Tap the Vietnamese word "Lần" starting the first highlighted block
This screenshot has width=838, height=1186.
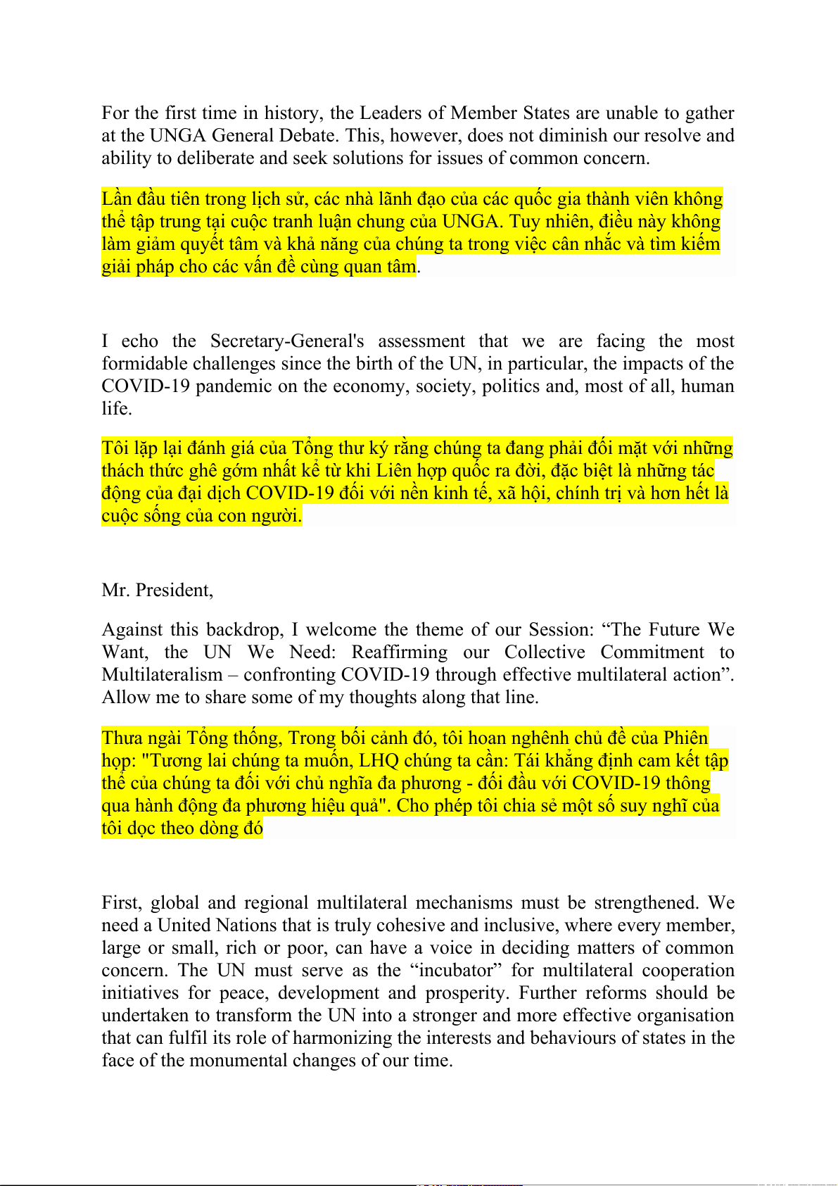(116, 199)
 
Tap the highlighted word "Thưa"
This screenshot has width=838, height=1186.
(120, 738)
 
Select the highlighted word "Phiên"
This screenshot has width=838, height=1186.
(685, 738)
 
